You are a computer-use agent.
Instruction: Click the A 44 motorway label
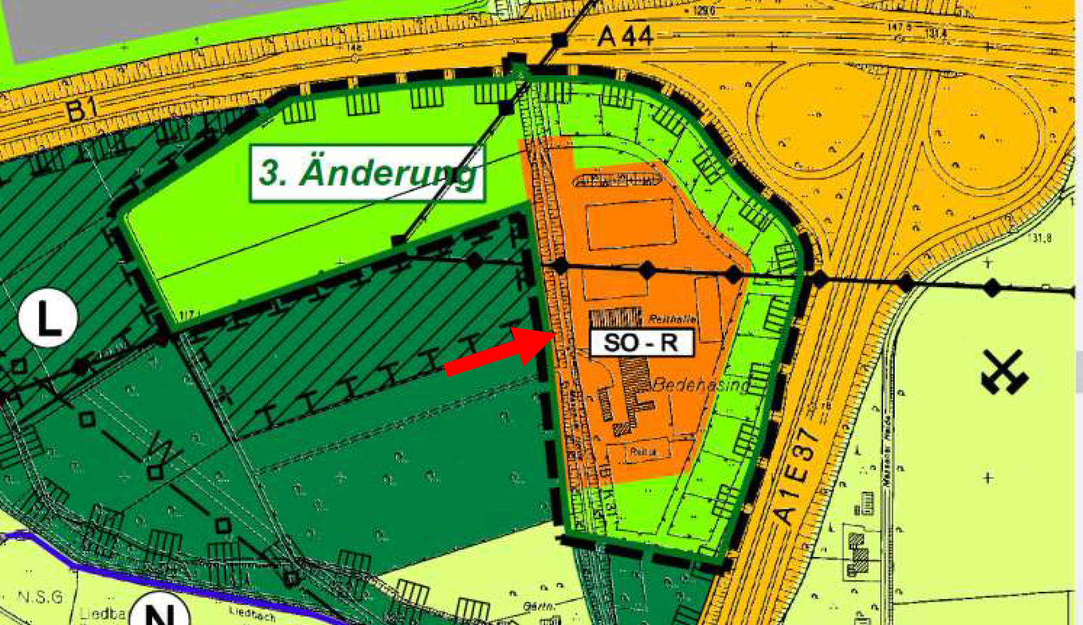[625, 37]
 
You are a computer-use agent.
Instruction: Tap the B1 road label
[82, 109]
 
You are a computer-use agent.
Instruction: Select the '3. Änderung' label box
[368, 173]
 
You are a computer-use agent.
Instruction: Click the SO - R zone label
[641, 342]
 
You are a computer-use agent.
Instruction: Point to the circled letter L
[48, 318]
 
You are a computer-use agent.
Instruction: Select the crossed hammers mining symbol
[1004, 372]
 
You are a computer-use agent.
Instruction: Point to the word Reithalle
[672, 319]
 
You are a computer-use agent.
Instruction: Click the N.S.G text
[40, 598]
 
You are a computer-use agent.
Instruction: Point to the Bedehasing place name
[701, 385]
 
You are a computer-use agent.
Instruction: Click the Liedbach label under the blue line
[252, 614]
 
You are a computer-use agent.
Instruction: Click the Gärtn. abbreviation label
[539, 606]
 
